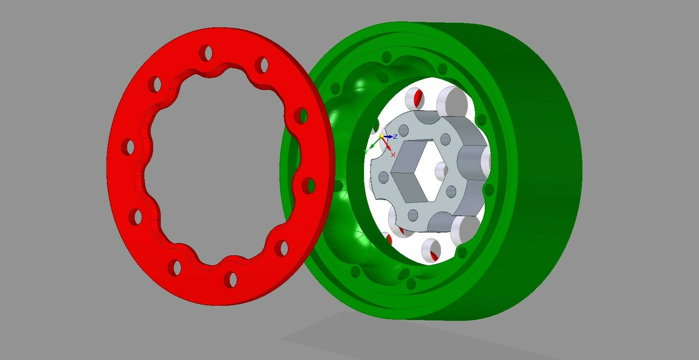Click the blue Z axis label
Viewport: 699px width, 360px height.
(395, 137)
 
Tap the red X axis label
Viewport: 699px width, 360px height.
(393, 155)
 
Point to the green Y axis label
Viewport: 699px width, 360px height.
(366, 151)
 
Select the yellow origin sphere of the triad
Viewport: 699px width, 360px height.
(381, 136)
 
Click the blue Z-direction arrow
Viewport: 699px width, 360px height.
(388, 137)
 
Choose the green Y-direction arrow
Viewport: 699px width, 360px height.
(375, 143)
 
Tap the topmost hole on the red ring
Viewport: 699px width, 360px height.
(206, 53)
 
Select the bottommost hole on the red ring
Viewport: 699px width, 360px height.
(231, 280)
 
